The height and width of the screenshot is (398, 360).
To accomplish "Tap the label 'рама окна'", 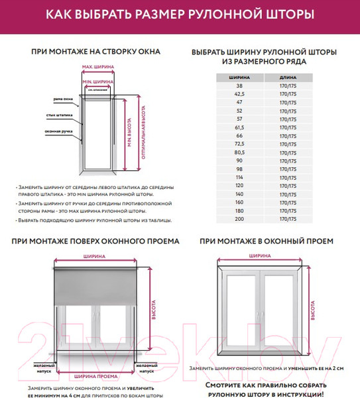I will pos(63,99).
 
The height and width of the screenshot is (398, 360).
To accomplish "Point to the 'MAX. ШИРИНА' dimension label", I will pos(97,67).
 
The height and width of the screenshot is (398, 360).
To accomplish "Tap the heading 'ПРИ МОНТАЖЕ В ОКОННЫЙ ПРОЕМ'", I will pos(267,241).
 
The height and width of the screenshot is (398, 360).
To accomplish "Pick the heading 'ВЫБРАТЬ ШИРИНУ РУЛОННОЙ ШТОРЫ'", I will pos(263,52).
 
